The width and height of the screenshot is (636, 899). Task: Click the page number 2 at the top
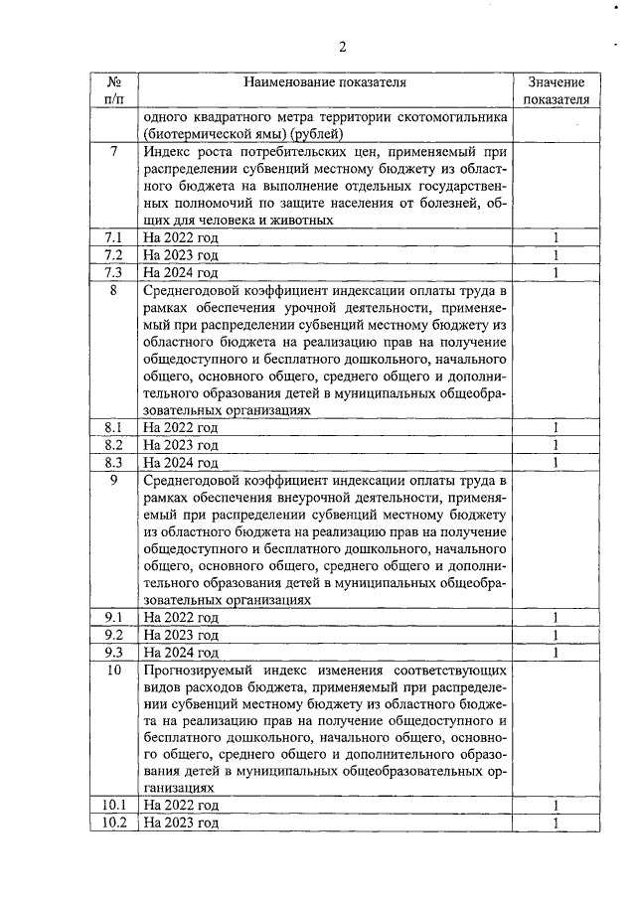point(342,47)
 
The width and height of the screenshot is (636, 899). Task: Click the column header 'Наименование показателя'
point(324,83)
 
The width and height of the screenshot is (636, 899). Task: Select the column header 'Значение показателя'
point(556,91)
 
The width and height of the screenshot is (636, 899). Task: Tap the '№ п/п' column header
point(115,91)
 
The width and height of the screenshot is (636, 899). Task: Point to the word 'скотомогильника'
point(457,116)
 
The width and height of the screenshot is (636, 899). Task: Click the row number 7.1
point(114,238)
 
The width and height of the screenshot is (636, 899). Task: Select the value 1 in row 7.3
point(556,272)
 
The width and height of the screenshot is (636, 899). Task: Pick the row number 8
point(114,291)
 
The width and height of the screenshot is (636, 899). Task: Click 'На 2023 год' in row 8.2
point(180,446)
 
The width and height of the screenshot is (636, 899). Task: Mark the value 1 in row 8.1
point(556,428)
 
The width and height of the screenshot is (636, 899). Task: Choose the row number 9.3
point(114,653)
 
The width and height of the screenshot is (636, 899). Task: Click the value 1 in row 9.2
point(556,635)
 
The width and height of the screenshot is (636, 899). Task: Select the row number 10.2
point(114,824)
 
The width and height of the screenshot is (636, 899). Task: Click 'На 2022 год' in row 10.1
point(180,806)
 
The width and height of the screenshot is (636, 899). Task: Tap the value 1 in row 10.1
point(556,806)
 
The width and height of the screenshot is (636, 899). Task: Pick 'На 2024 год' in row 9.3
point(180,653)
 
